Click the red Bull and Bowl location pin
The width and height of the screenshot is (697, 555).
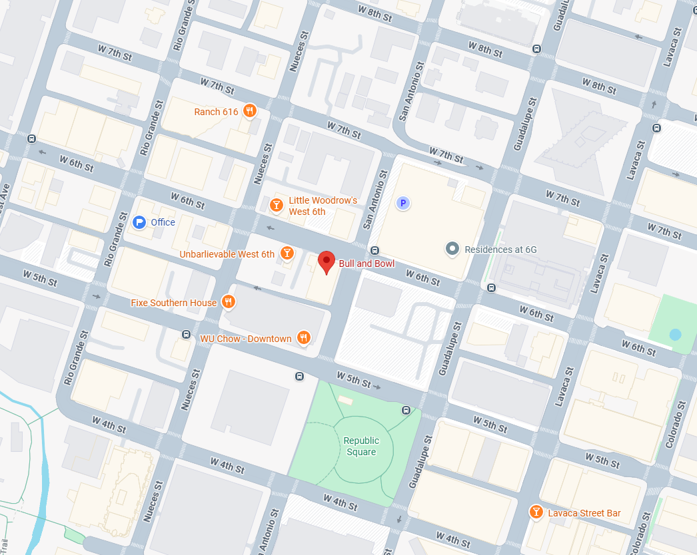[x=326, y=261]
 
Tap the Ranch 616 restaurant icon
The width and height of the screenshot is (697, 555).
[x=250, y=111]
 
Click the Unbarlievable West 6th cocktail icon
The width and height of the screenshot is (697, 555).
[x=287, y=253]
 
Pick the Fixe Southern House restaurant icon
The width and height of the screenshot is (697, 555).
[x=229, y=302]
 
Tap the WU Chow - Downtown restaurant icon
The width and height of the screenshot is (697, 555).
[x=303, y=338]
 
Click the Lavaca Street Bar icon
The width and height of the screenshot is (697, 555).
[x=536, y=512]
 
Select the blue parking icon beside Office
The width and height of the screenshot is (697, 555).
[x=139, y=222]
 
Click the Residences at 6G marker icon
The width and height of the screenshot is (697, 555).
[x=452, y=249]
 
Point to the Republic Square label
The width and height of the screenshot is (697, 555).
[x=361, y=446]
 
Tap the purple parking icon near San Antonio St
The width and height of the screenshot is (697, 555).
[x=402, y=203]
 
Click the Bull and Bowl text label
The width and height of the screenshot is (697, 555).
[x=366, y=264]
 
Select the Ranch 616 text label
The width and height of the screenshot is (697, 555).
[x=216, y=112]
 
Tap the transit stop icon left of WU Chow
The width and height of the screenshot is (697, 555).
[x=186, y=334]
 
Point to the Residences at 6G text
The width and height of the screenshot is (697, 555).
[x=500, y=250]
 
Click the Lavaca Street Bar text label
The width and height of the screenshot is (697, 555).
[x=584, y=512]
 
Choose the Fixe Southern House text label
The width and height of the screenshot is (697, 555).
[x=173, y=303]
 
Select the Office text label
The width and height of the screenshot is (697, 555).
[x=163, y=222]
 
